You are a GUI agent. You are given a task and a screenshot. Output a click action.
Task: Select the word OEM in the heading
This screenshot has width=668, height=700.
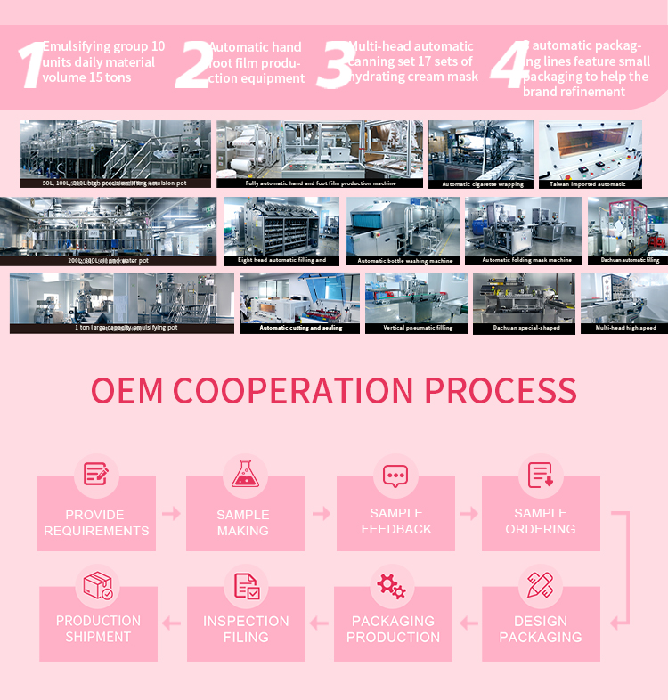[x=128, y=391]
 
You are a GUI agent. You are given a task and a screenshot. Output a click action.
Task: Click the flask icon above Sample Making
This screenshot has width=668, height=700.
[x=245, y=474]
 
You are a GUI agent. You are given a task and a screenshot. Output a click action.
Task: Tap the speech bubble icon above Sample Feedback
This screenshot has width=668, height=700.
[x=395, y=475]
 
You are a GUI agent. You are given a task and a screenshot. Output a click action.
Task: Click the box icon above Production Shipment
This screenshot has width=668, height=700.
[x=98, y=586]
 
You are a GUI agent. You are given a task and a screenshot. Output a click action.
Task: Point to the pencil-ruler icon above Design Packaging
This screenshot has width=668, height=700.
[x=540, y=585]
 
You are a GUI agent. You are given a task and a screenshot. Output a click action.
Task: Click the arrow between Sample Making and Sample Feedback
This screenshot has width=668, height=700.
[x=321, y=514]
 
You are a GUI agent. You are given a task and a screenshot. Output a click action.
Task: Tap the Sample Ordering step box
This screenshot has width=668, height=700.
[x=541, y=521]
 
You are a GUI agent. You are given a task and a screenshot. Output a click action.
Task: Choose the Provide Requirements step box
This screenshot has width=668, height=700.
[x=96, y=523]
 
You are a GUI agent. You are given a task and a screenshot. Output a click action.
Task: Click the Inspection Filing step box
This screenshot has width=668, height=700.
[x=246, y=629]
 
